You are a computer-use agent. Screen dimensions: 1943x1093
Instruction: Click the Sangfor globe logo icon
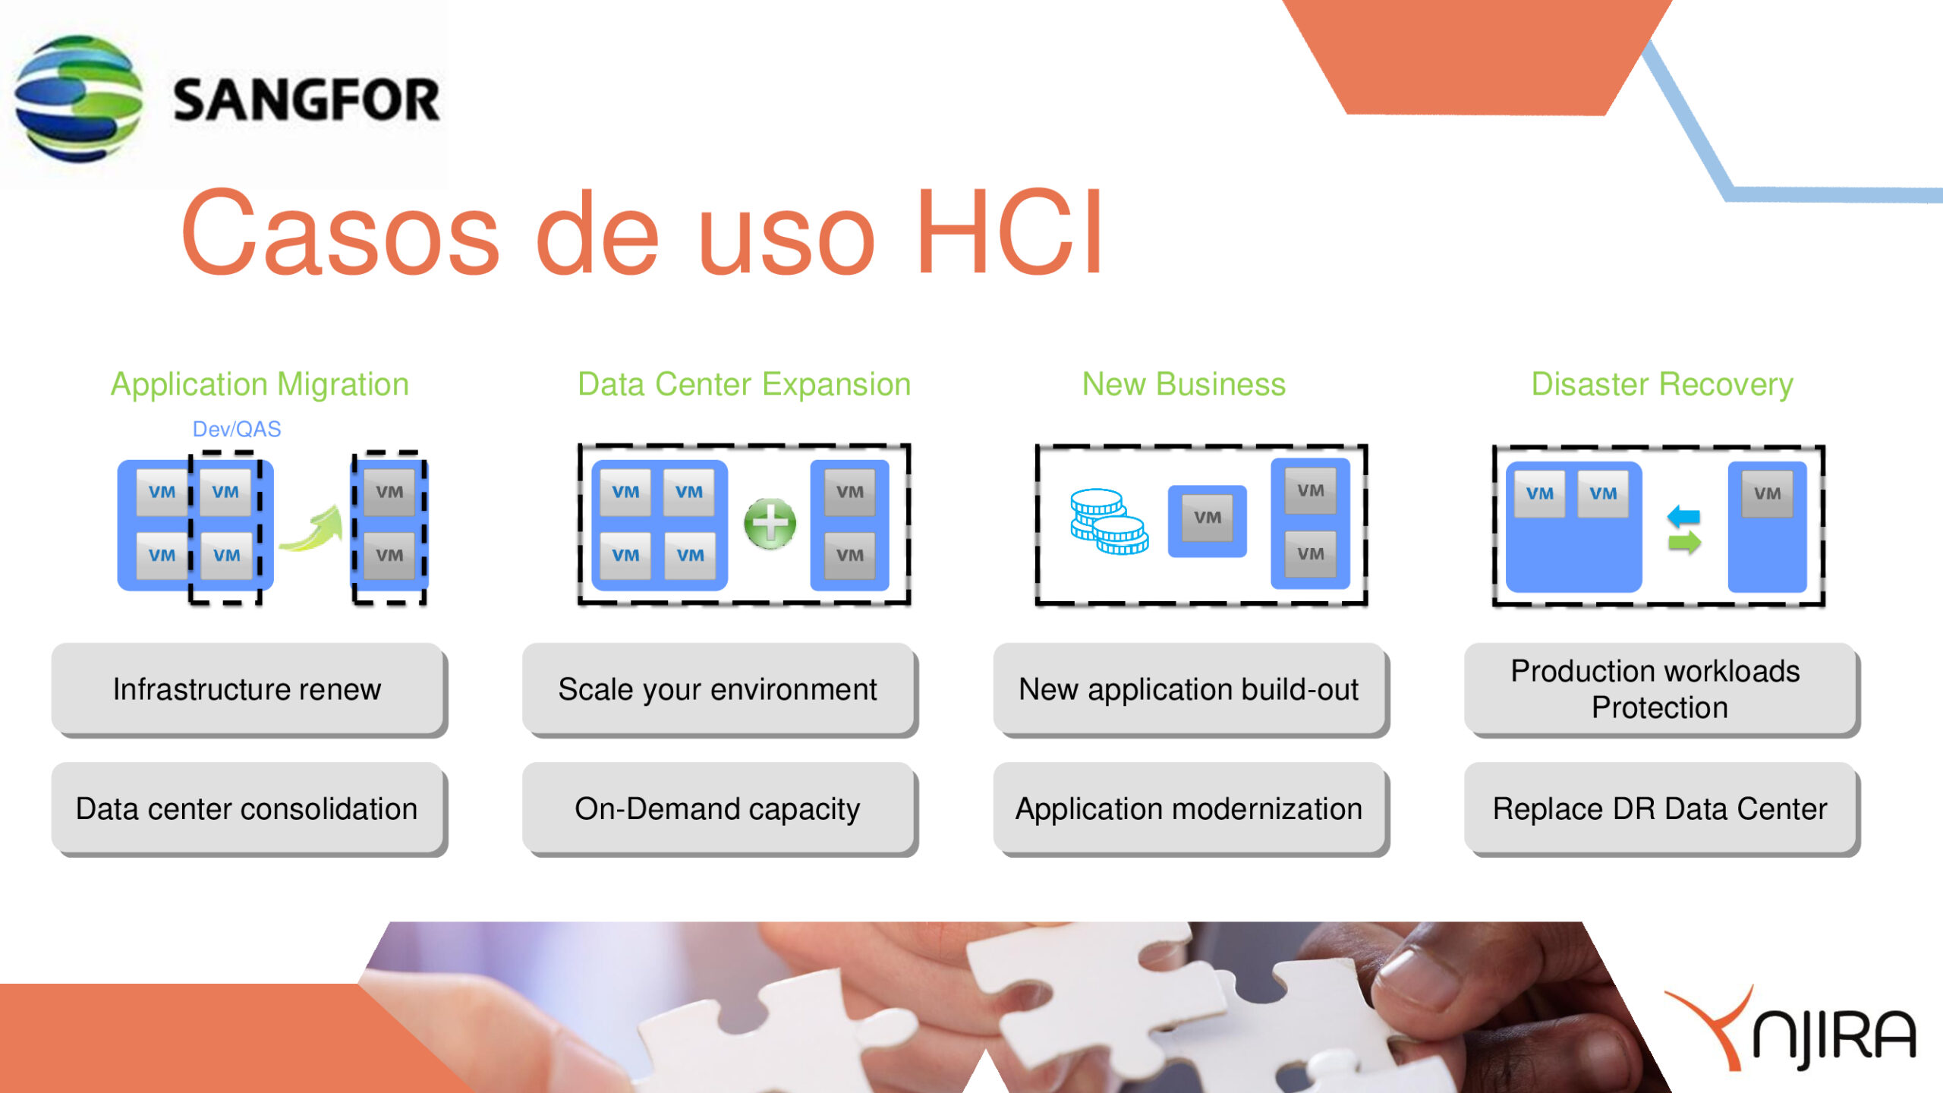[78, 99]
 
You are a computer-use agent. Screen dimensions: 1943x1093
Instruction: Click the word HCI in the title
[1010, 232]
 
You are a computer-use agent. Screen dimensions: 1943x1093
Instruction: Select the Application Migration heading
[260, 384]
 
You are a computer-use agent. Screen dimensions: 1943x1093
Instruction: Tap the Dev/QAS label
[236, 429]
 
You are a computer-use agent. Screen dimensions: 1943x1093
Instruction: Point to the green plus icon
[770, 524]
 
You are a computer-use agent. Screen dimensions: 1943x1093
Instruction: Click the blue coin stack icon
[1109, 521]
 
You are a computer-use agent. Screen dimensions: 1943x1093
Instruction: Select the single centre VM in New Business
[1207, 521]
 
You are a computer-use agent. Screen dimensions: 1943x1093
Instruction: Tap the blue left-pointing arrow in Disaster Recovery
[1683, 517]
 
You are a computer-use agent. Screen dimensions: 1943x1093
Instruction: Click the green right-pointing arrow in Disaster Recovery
[1684, 542]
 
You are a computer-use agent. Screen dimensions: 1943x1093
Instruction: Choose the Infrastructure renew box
[248, 689]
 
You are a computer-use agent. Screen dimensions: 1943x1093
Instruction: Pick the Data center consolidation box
[248, 809]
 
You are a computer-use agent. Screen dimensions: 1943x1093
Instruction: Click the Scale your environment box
[719, 689]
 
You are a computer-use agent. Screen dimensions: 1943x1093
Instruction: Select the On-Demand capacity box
[719, 809]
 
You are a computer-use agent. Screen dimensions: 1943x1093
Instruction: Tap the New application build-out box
[1190, 689]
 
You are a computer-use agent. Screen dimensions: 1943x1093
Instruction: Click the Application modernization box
[1190, 809]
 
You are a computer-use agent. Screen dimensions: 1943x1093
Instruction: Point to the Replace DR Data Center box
[1661, 809]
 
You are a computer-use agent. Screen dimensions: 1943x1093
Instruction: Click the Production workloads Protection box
[1661, 689]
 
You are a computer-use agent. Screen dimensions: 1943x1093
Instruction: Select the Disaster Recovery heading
[1662, 384]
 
